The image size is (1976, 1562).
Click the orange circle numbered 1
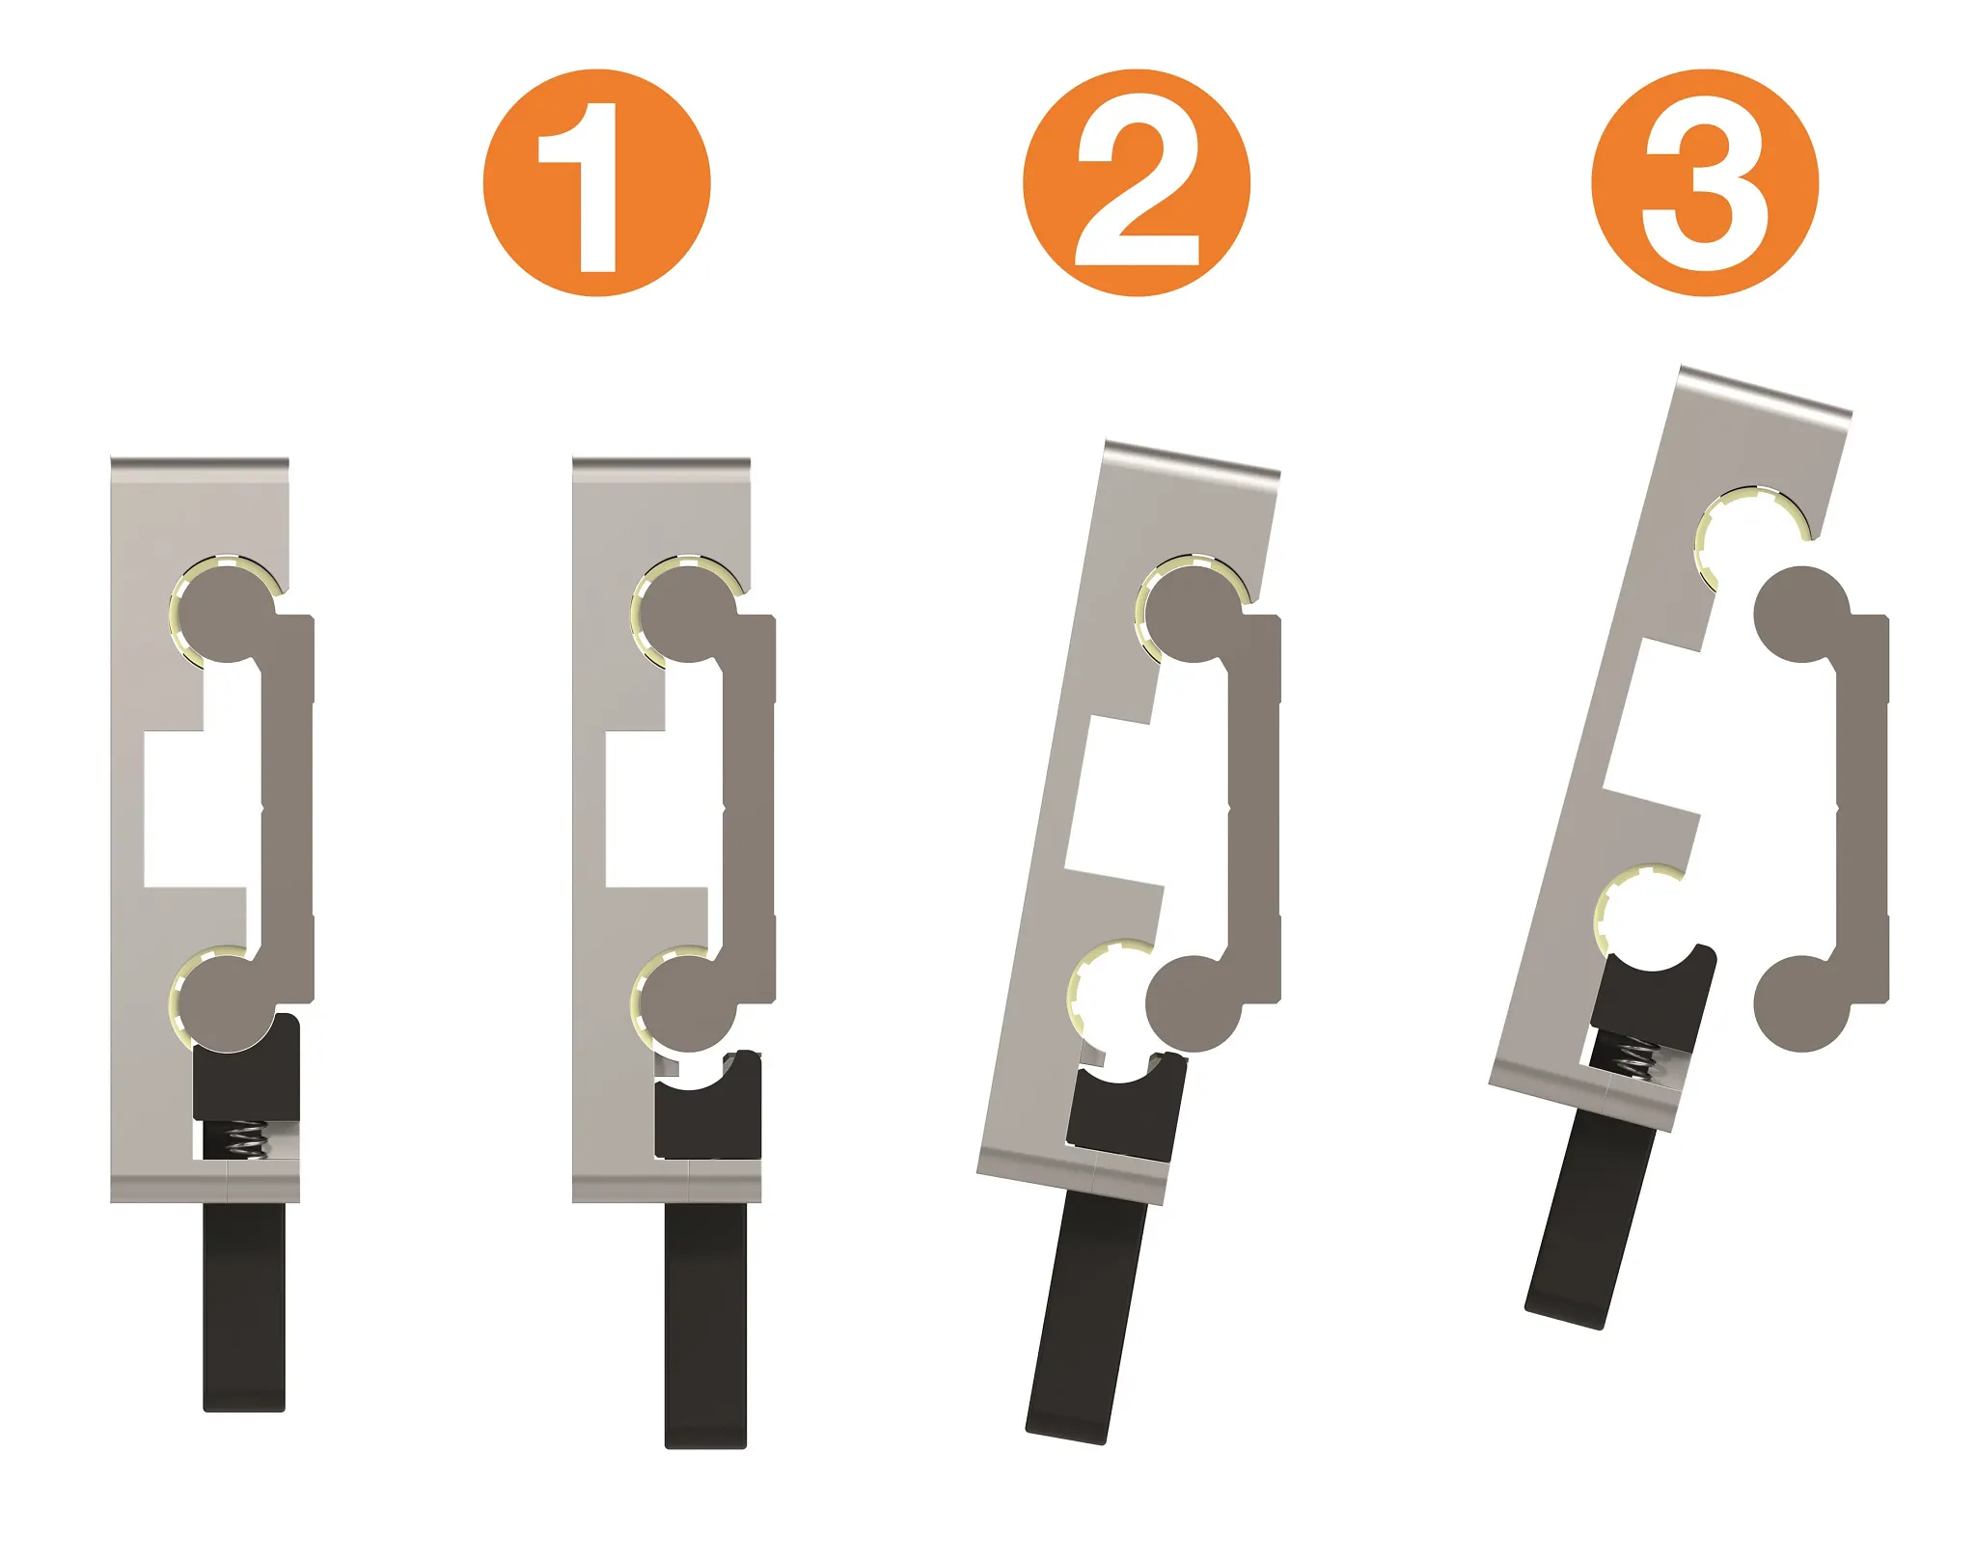tap(597, 182)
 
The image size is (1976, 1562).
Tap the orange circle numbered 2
tap(1137, 182)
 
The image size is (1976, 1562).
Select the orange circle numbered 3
tap(1705, 182)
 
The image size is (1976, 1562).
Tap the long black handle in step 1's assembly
tap(705, 1326)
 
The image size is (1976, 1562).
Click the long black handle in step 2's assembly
tap(1085, 1319)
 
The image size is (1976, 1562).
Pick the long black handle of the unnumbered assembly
tap(244, 1306)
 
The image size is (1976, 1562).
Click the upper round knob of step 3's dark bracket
tap(1799, 615)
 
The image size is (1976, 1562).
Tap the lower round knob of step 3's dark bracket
tap(1800, 1003)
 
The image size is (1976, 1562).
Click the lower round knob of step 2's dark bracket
tap(1194, 1003)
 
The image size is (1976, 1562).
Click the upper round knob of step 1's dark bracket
tap(687, 615)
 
